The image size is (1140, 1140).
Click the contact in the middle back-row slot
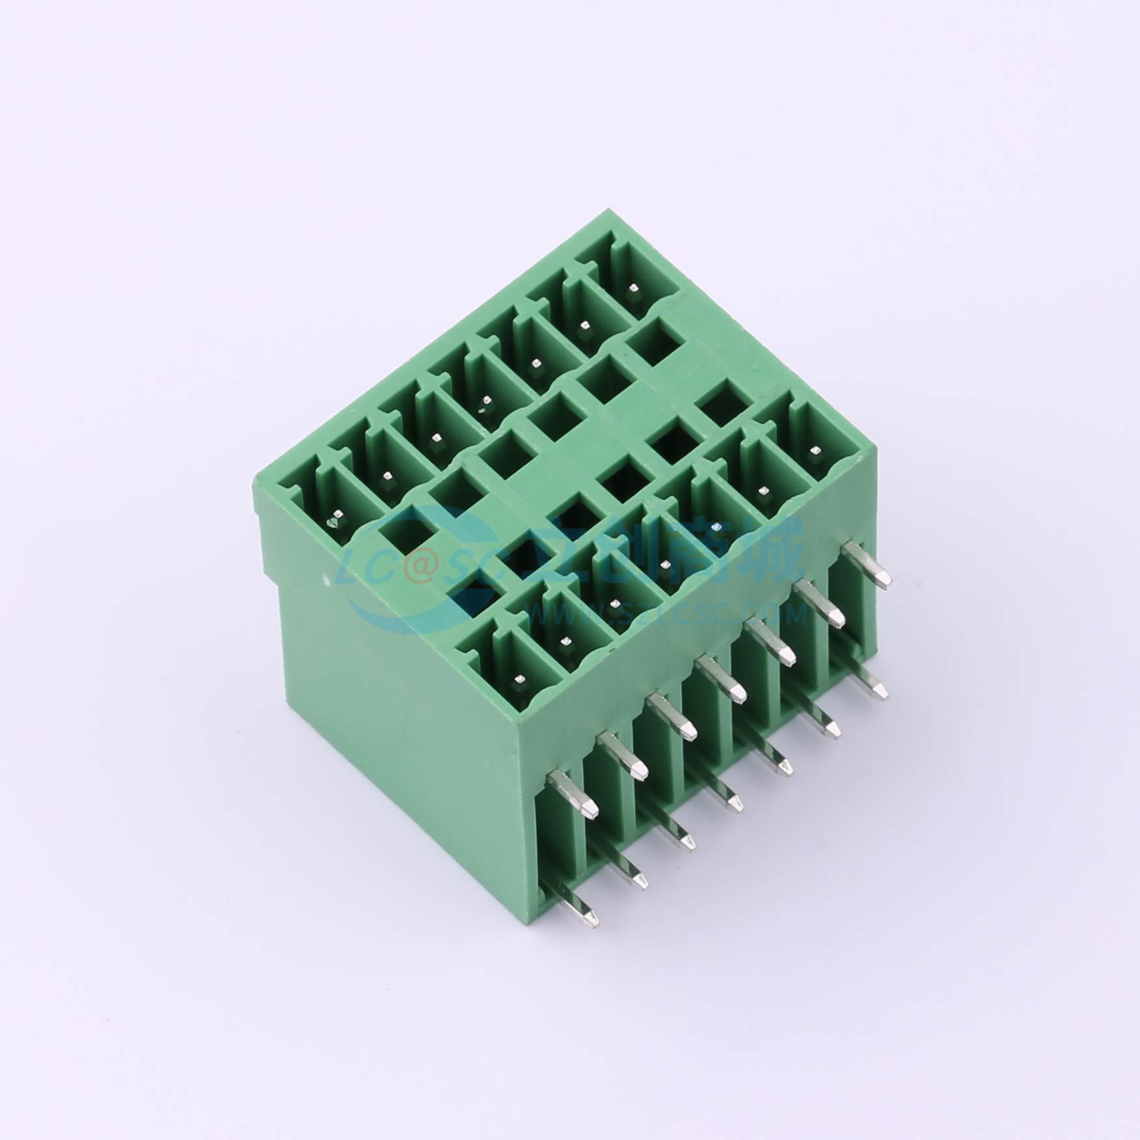tap(482, 408)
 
